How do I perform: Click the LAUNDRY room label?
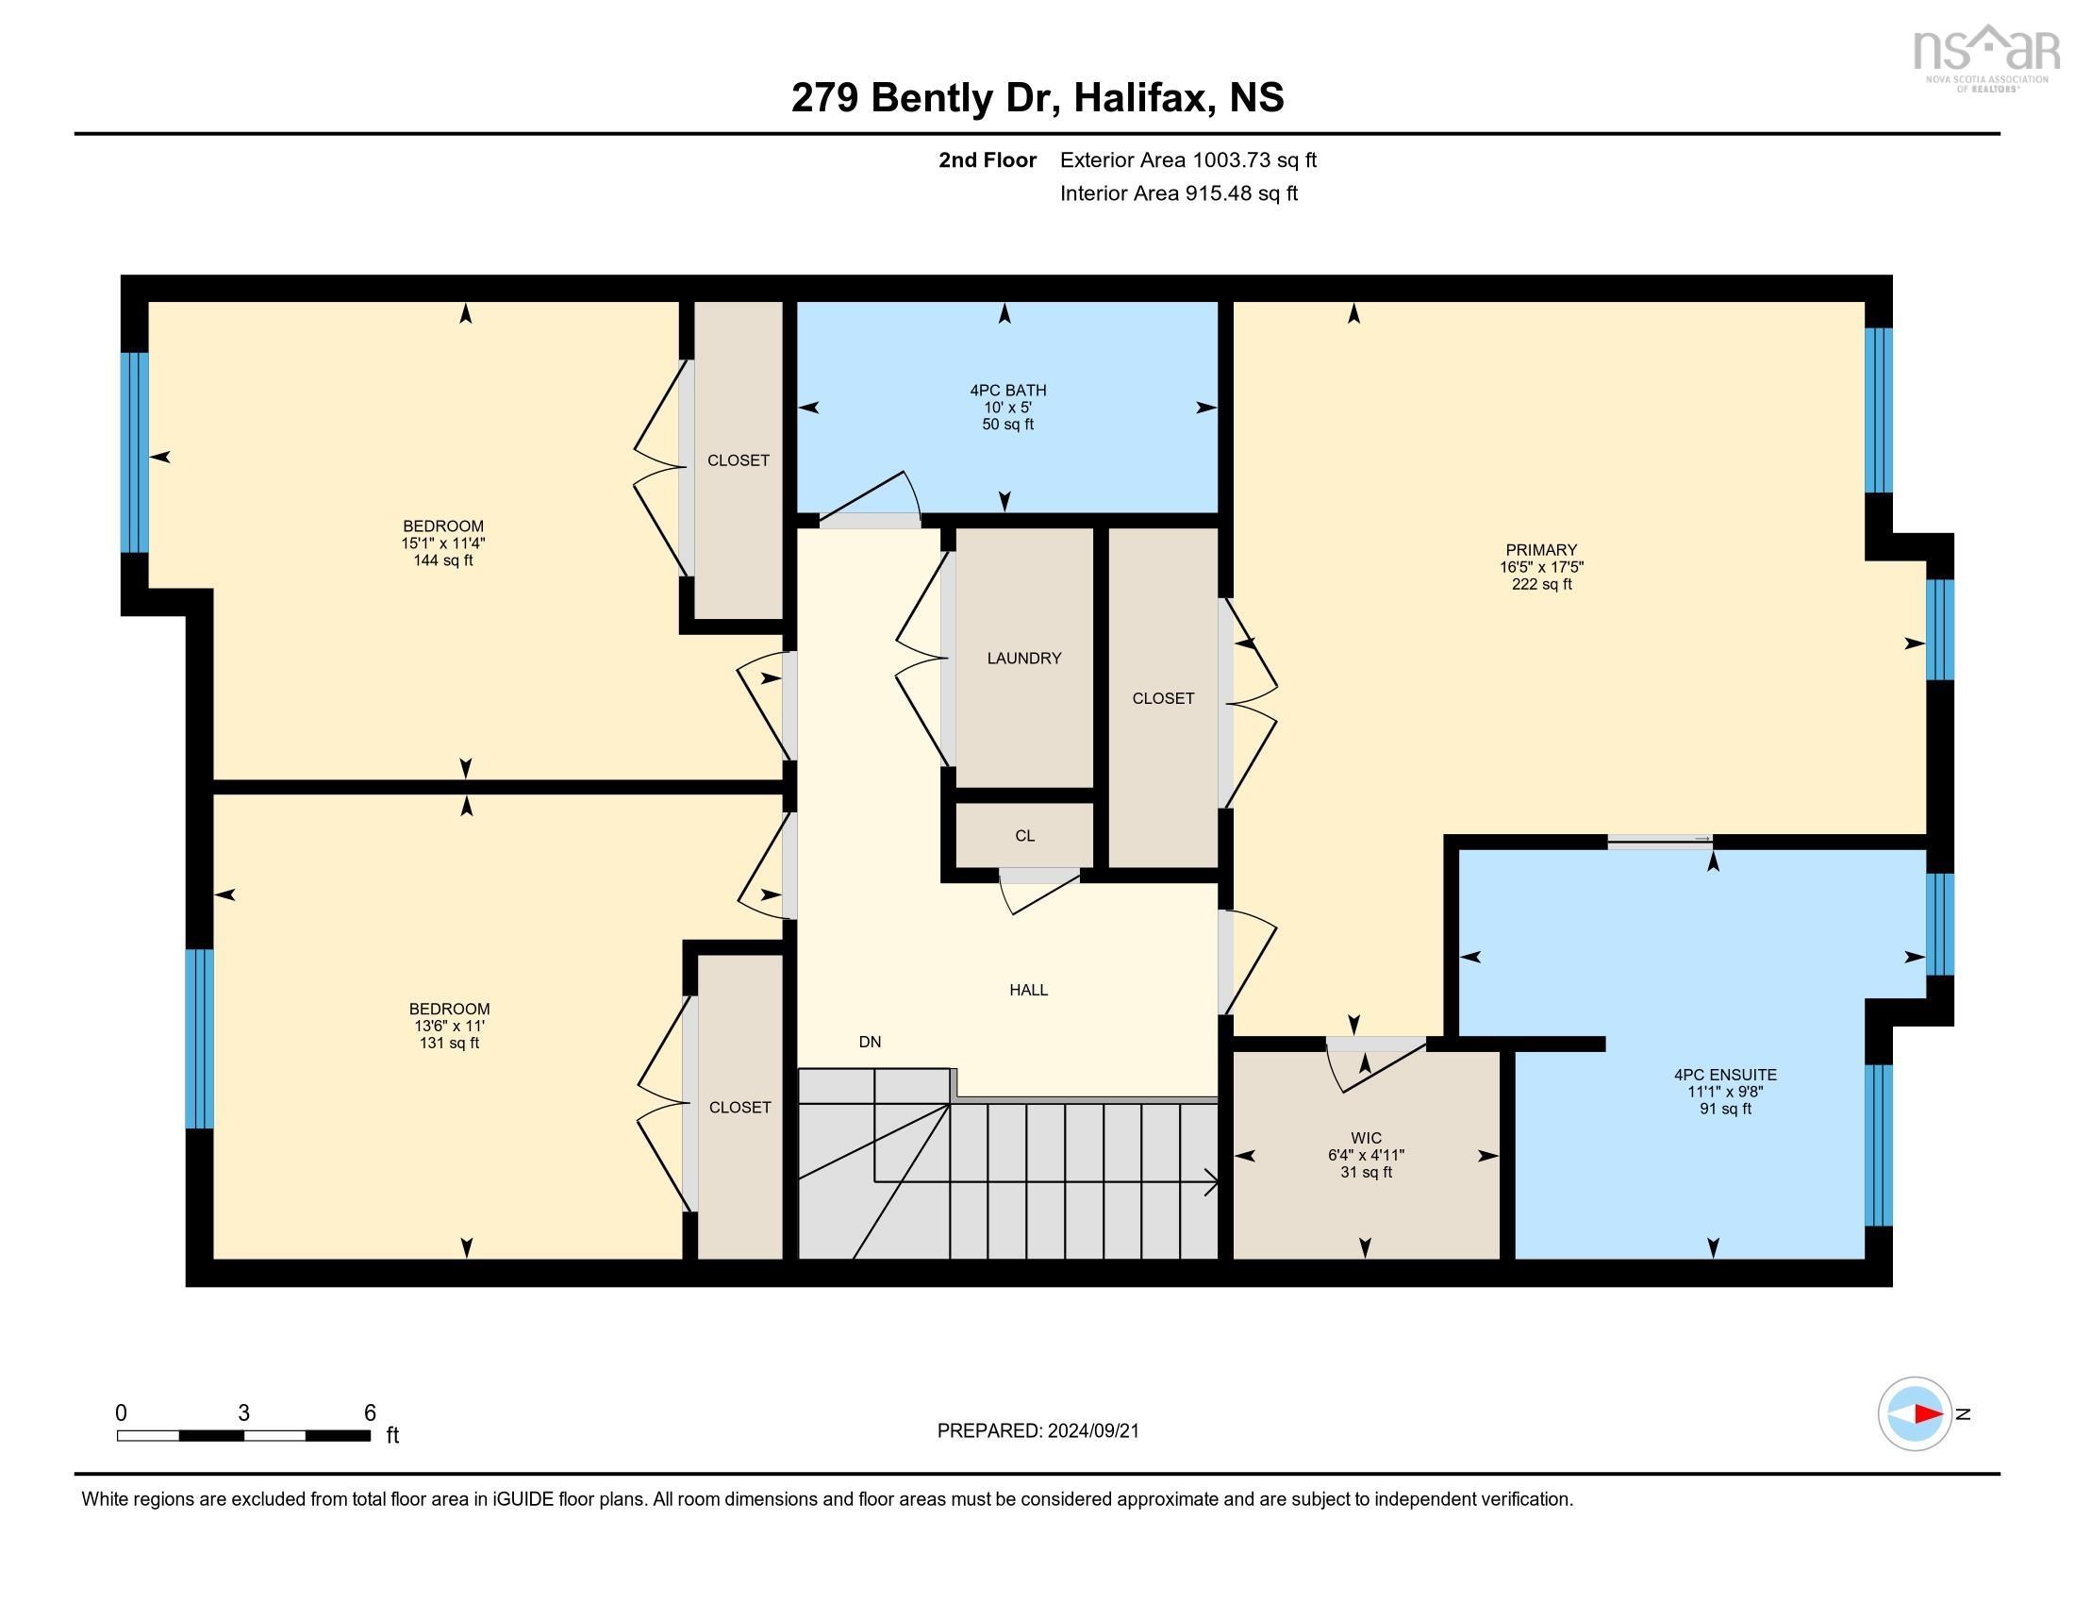click(1023, 658)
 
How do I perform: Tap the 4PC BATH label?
click(1007, 390)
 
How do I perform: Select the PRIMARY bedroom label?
click(1540, 549)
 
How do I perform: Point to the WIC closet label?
click(1366, 1138)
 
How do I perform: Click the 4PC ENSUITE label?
click(1724, 1075)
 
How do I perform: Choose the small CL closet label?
click(1024, 835)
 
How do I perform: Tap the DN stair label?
click(870, 1042)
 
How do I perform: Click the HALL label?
click(1028, 989)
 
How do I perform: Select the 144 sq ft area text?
click(441, 560)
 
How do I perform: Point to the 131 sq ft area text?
click(448, 1044)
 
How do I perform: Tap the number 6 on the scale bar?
click(370, 1413)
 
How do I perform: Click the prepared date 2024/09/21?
click(1092, 1431)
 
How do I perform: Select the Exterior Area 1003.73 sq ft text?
click(1187, 159)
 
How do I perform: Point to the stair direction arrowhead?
click(1213, 1182)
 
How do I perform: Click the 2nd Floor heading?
click(987, 159)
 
